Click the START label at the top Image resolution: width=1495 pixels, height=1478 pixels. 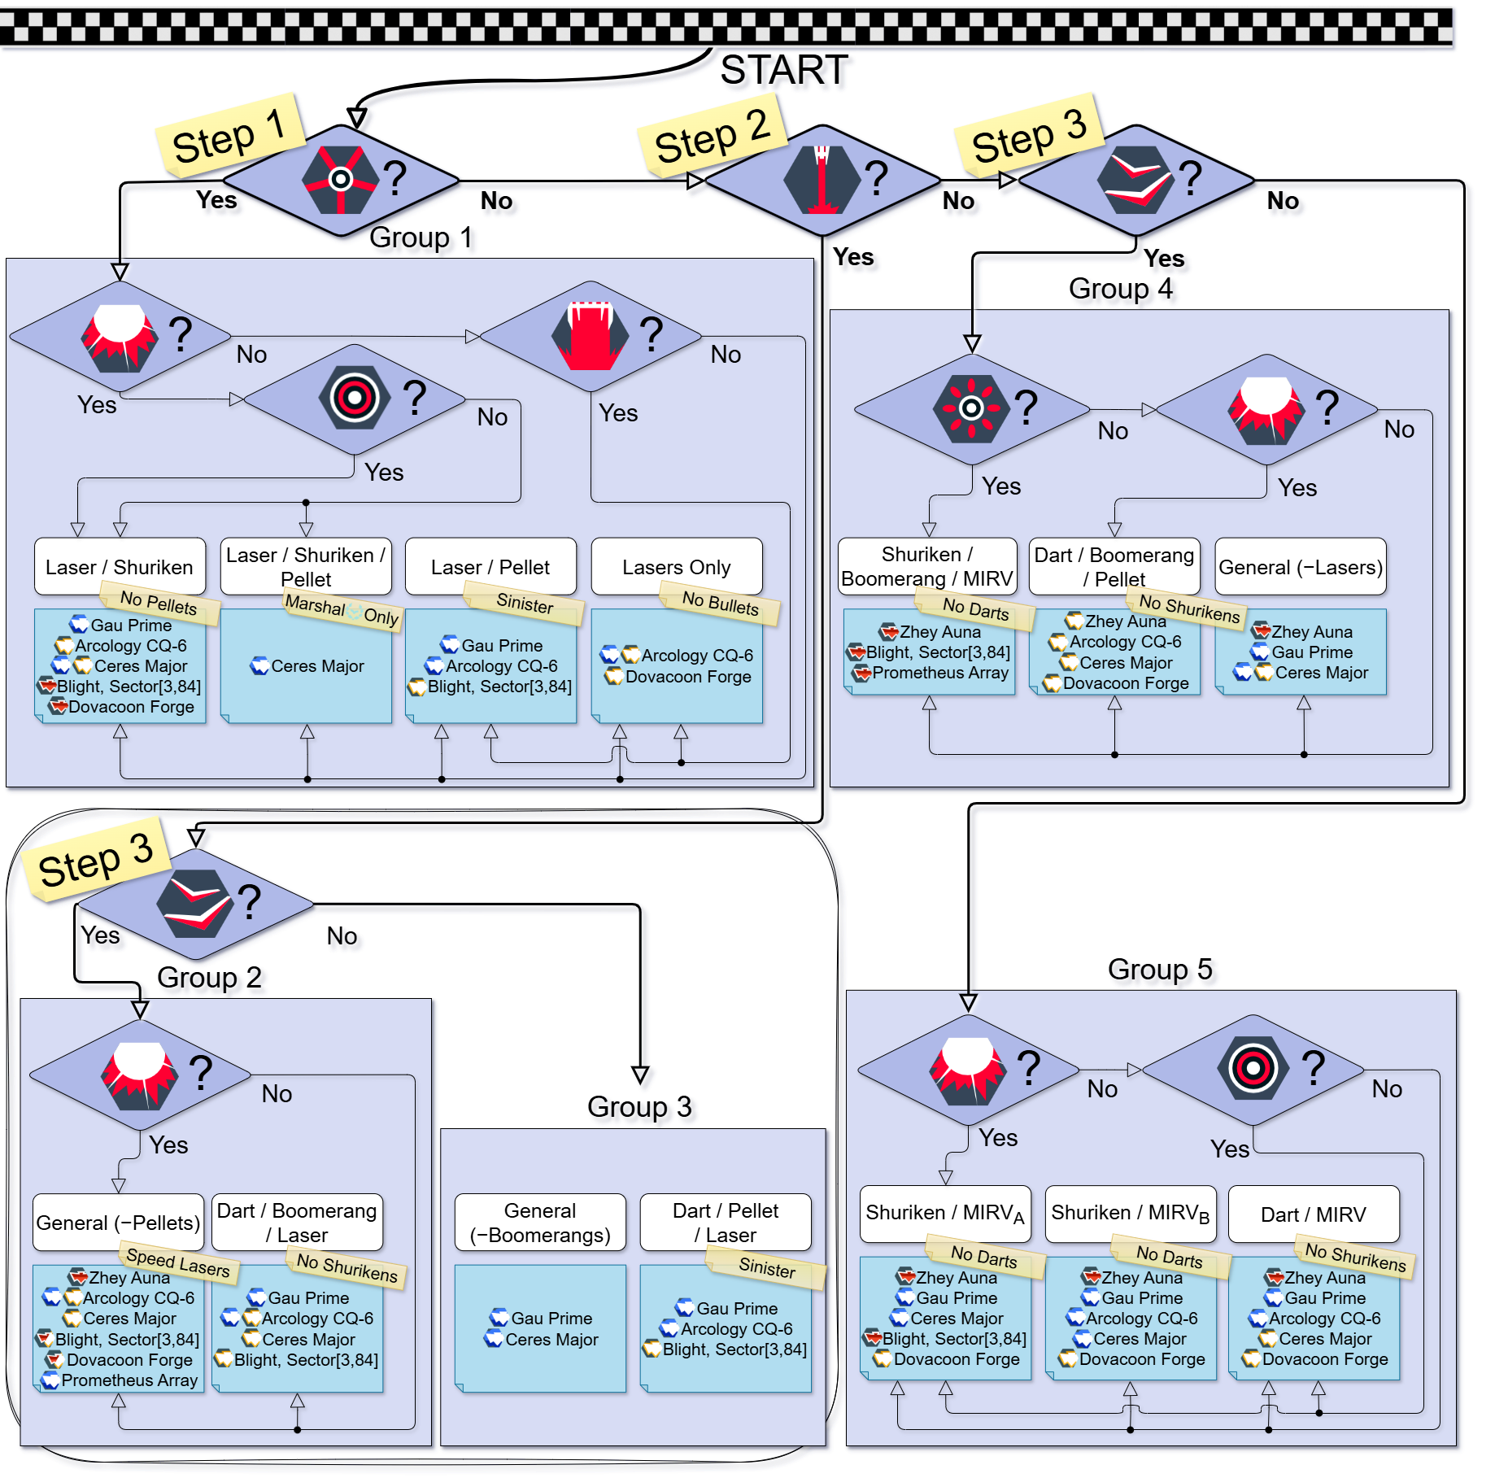(784, 70)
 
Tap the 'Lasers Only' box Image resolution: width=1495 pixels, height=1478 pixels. (677, 566)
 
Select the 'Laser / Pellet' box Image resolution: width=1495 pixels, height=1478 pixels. (490, 566)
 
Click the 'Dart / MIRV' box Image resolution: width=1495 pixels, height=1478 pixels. (1314, 1214)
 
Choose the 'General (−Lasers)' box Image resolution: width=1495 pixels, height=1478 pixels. (1301, 566)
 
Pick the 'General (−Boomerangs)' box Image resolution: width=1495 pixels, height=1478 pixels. (540, 1222)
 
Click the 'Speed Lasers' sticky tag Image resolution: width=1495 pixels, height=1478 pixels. (178, 1262)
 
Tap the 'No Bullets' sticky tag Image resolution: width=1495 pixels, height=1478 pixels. (720, 603)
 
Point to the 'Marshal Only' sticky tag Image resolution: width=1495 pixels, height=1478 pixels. (342, 610)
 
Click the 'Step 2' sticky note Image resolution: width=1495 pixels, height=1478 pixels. (712, 136)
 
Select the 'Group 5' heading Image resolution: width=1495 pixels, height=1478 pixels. (1160, 969)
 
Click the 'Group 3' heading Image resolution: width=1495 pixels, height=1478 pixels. (639, 1106)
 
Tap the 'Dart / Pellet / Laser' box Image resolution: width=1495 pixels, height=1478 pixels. (726, 1222)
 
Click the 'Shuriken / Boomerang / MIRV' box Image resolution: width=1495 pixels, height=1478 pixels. (927, 566)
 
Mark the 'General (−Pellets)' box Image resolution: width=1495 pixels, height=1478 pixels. (119, 1222)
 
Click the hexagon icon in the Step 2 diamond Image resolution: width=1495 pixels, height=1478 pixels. (822, 180)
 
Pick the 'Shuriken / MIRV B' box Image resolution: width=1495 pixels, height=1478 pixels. (1131, 1214)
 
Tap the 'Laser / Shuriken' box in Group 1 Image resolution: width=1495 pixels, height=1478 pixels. (120, 566)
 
